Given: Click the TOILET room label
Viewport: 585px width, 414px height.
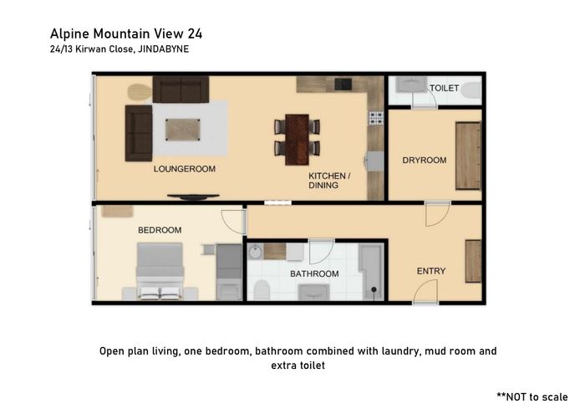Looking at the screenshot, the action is pyautogui.click(x=444, y=88).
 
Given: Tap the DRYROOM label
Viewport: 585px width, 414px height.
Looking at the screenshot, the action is pyautogui.click(x=425, y=160).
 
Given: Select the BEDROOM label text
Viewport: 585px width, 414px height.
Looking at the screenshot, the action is pyautogui.click(x=160, y=230).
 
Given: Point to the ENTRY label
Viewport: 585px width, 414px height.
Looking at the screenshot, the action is pyautogui.click(x=431, y=271).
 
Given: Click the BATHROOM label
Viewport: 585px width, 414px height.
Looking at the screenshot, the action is pyautogui.click(x=314, y=273).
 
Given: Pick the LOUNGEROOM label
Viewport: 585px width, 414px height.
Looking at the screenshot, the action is pyautogui.click(x=185, y=169).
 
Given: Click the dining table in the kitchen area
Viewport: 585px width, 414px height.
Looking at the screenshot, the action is pyautogui.click(x=297, y=140).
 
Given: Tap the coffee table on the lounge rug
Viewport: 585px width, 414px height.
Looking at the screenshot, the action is pyautogui.click(x=183, y=130).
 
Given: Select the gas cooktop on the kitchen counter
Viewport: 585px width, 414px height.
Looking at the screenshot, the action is pyautogui.click(x=376, y=118).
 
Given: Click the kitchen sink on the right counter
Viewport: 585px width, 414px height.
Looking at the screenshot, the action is pyautogui.click(x=374, y=161).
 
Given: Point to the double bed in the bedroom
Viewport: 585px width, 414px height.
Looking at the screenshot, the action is pyautogui.click(x=160, y=271).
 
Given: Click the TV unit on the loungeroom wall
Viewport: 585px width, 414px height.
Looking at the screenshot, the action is pyautogui.click(x=193, y=197).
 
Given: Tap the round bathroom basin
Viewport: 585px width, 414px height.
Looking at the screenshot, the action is pyautogui.click(x=255, y=251).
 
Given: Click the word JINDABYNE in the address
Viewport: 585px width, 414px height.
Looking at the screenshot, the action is pyautogui.click(x=164, y=49).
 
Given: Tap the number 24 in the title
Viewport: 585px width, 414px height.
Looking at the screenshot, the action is pyautogui.click(x=195, y=33).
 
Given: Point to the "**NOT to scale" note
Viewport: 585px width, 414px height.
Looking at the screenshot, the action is pyautogui.click(x=532, y=396).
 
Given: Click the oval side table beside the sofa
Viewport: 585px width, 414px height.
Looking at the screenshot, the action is pyautogui.click(x=140, y=92).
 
